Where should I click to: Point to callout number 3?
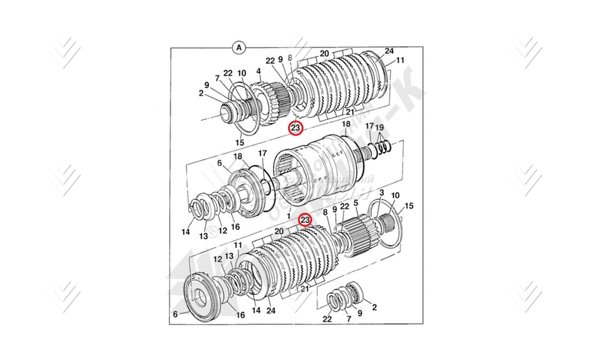pos(381,192)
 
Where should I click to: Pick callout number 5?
pos(356,203)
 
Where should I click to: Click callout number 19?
pos(379,127)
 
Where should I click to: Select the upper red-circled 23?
pos(295,128)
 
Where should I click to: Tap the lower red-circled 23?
pos(305,220)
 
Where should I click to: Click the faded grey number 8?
pos(290,58)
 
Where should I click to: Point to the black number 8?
pos(326,212)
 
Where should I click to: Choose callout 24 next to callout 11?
pos(389,51)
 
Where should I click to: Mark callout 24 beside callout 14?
pos(270,311)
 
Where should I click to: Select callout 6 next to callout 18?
pos(220,163)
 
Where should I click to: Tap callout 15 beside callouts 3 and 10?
pos(409,206)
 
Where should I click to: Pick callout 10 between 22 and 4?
pos(241,73)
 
